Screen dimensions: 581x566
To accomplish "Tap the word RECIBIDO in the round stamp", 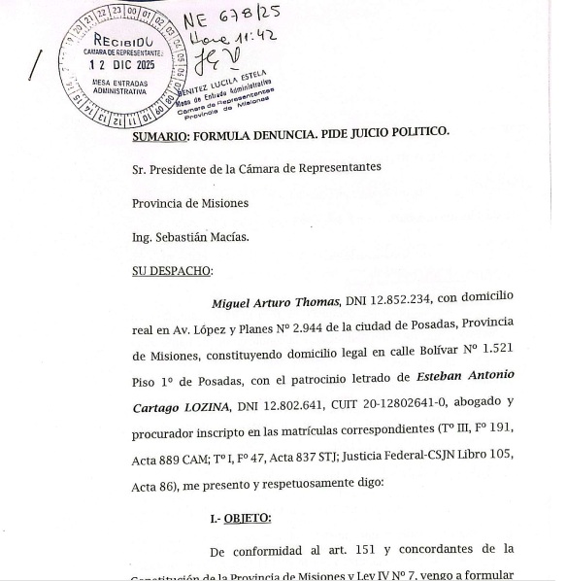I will pyautogui.click(x=121, y=41).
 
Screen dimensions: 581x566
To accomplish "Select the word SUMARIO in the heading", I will pyautogui.click(x=160, y=134).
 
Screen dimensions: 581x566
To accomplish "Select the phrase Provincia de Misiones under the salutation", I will pyautogui.click(x=190, y=203).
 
